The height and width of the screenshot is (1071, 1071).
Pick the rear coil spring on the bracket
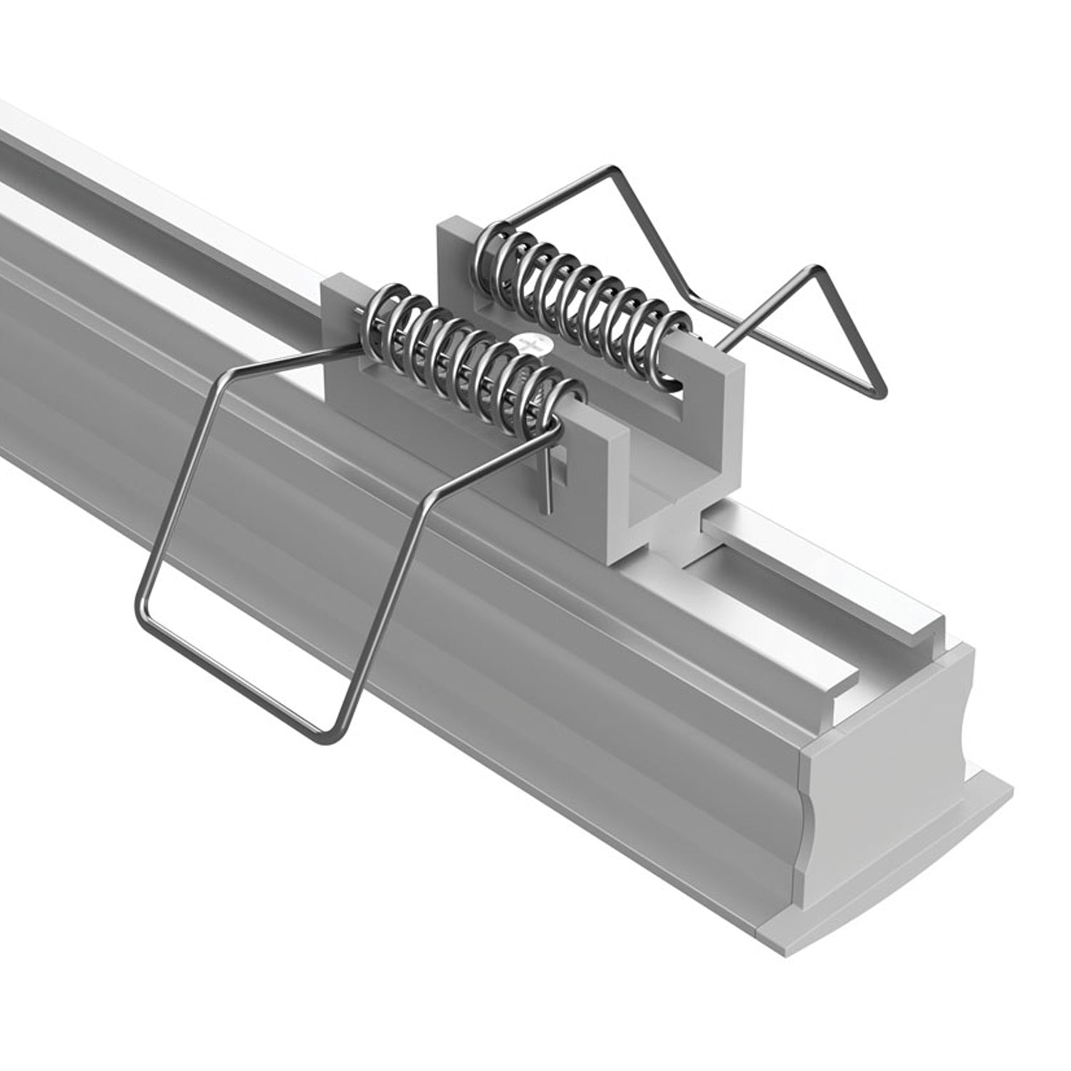(x=582, y=286)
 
